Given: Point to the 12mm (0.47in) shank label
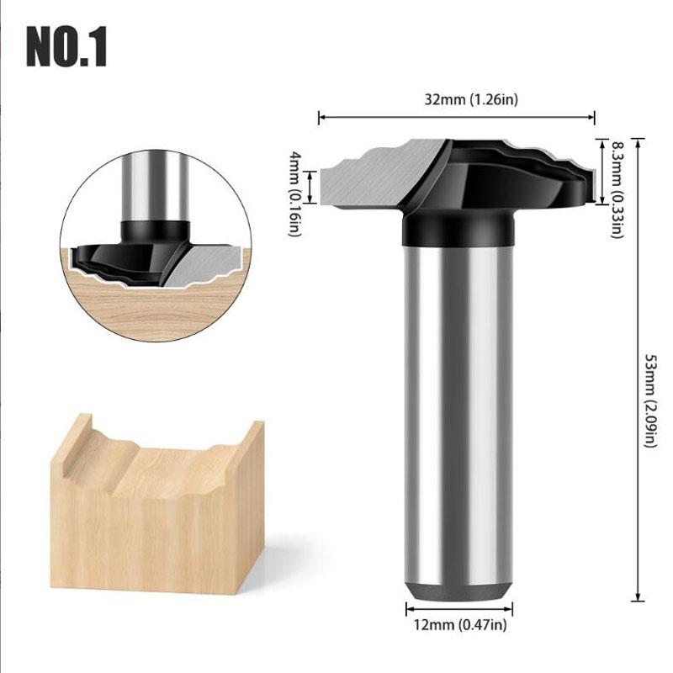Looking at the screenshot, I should pyautogui.click(x=458, y=625).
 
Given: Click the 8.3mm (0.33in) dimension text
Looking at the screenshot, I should pyautogui.click(x=617, y=189).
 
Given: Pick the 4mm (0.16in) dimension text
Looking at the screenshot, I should pyautogui.click(x=294, y=194).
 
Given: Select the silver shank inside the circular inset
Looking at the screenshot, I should pyautogui.click(x=153, y=185).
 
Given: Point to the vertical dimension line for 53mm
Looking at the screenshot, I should pyautogui.click(x=637, y=366).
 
